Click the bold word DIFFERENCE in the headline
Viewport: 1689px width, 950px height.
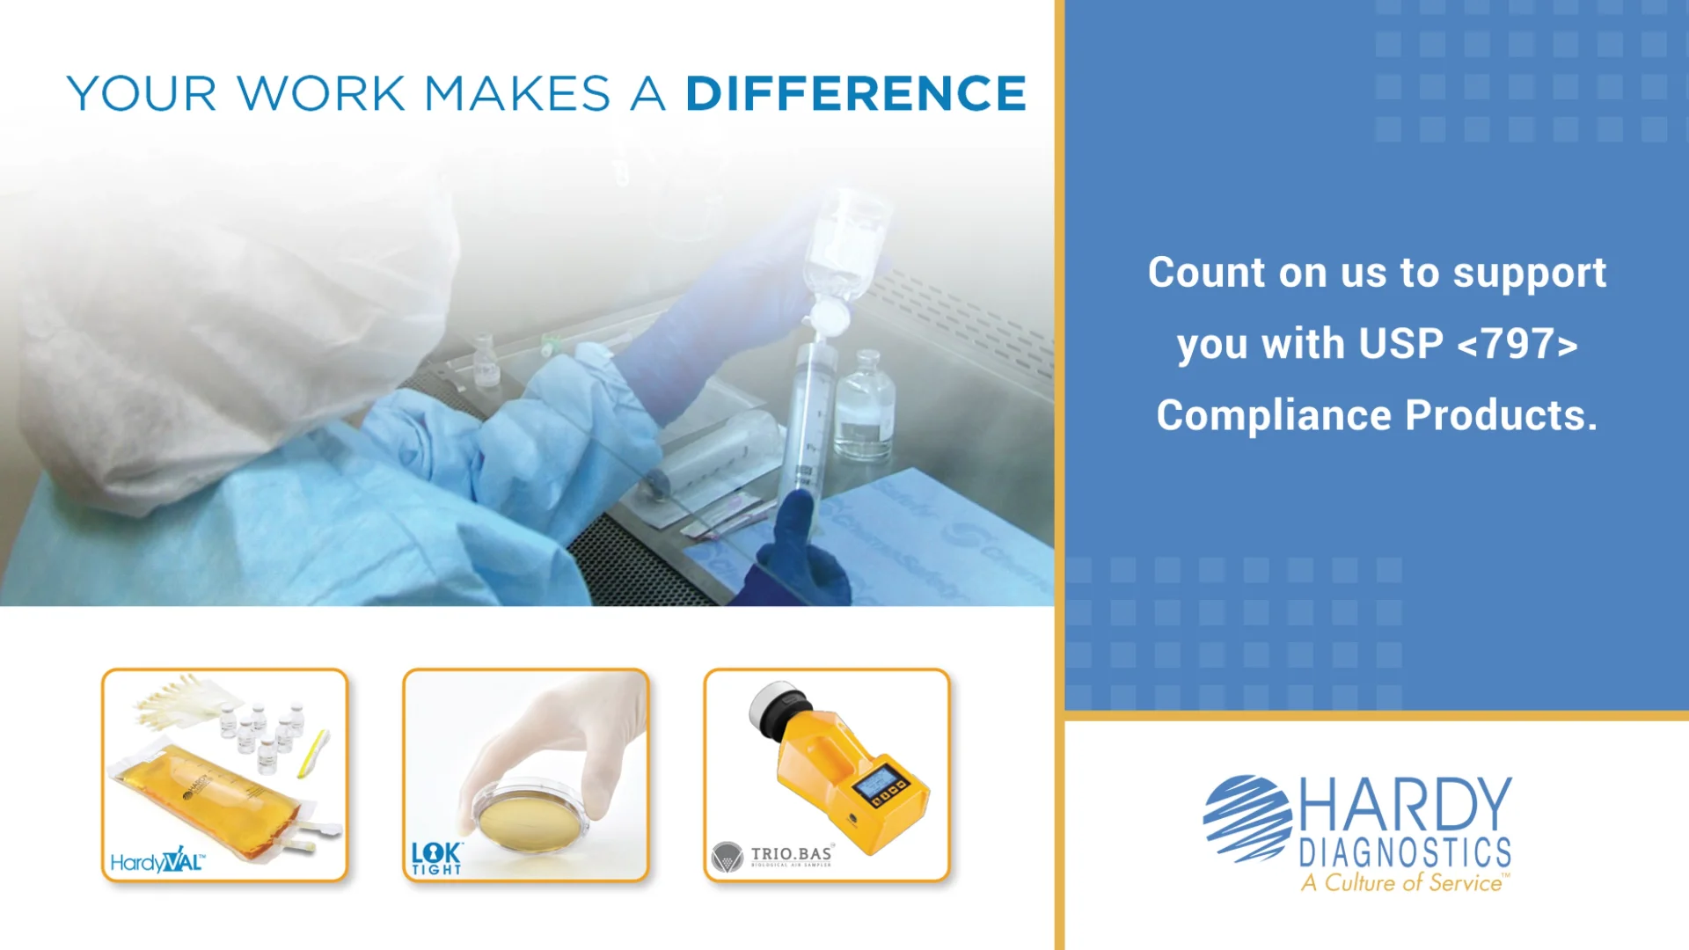(855, 93)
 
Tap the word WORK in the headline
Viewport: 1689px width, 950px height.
(320, 93)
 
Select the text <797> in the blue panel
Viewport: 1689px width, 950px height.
(1517, 344)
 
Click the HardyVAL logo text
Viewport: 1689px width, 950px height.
(157, 860)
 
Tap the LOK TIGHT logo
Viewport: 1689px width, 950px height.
(436, 859)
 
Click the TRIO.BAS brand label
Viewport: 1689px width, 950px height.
(790, 854)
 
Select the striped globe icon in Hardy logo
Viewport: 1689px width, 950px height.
(1247, 818)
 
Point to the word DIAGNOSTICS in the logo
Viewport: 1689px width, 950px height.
(1405, 852)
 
